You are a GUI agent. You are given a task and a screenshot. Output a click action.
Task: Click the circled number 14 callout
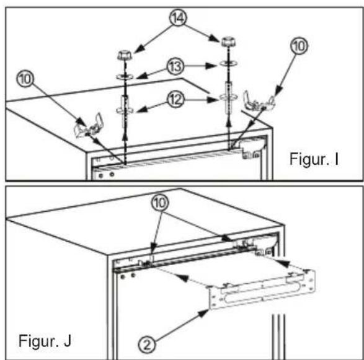(x=179, y=18)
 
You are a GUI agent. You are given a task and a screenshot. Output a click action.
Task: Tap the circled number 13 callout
(x=175, y=66)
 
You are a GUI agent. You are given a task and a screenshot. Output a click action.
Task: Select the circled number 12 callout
(x=175, y=100)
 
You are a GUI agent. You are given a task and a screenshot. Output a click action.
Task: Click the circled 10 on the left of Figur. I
(x=25, y=79)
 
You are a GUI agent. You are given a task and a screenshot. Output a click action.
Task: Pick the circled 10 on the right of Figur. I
(x=299, y=46)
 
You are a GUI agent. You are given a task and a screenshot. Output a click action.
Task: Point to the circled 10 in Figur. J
(x=160, y=203)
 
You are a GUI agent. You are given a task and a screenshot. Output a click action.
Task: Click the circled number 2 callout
(x=147, y=345)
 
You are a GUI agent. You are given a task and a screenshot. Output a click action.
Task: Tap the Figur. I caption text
(x=314, y=159)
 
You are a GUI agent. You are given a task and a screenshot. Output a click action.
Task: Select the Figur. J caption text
(x=45, y=341)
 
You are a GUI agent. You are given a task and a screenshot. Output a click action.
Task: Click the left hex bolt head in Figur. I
(x=125, y=56)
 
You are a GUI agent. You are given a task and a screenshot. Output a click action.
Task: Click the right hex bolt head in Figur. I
(x=228, y=42)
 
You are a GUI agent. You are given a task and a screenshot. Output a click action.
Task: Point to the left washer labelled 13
(x=125, y=77)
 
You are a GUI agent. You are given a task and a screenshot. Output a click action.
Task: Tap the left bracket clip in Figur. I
(x=89, y=126)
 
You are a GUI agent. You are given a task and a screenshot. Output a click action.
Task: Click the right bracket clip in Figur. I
(x=259, y=102)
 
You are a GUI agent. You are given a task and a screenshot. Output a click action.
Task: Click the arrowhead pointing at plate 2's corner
(x=203, y=313)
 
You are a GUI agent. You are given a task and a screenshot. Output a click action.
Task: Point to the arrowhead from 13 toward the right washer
(x=211, y=66)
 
